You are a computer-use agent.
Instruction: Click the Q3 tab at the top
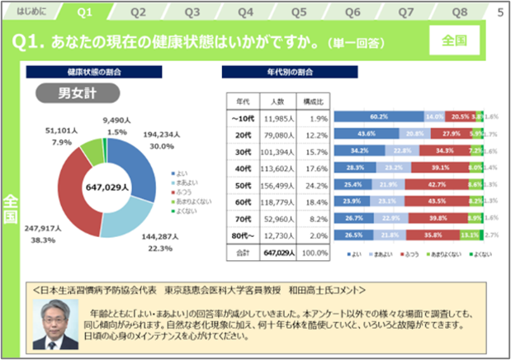(x=192, y=12)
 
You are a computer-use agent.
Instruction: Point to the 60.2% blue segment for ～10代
(x=379, y=116)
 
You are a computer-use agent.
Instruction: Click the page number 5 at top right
(x=500, y=12)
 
